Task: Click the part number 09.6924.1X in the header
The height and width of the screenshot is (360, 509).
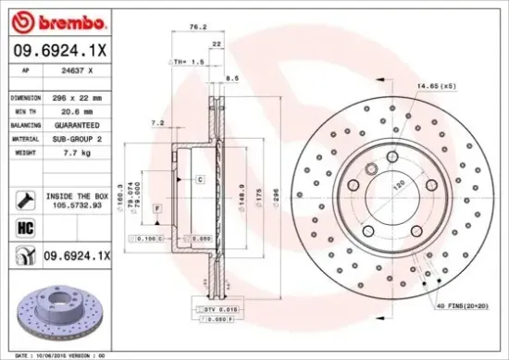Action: (x=56, y=52)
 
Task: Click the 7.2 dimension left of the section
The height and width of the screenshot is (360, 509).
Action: (x=156, y=122)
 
